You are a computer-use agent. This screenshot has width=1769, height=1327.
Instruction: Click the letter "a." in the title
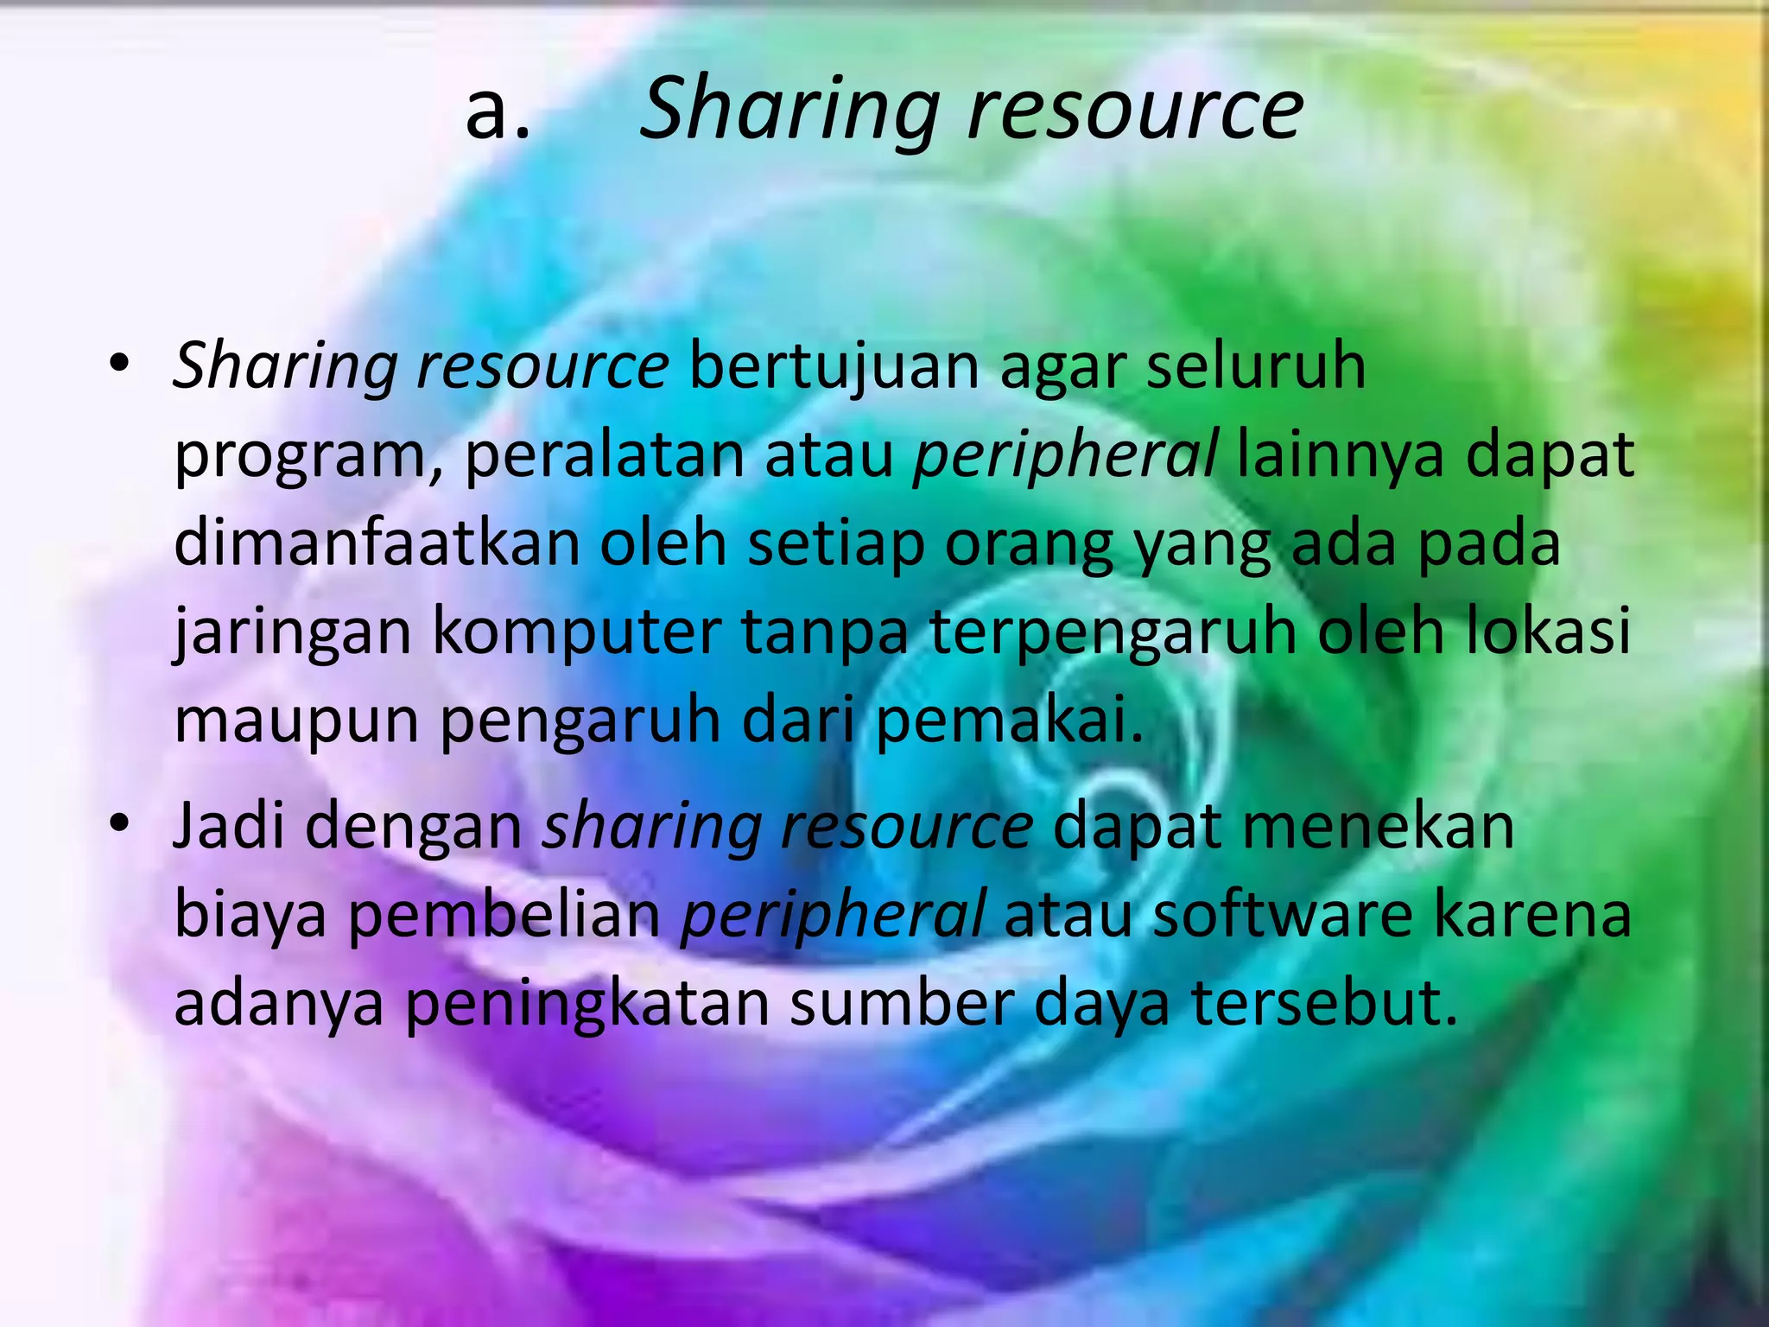[497, 112]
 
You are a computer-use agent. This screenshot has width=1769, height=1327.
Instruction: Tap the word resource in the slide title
[1135, 111]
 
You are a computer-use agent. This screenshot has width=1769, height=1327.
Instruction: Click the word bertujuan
[834, 366]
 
